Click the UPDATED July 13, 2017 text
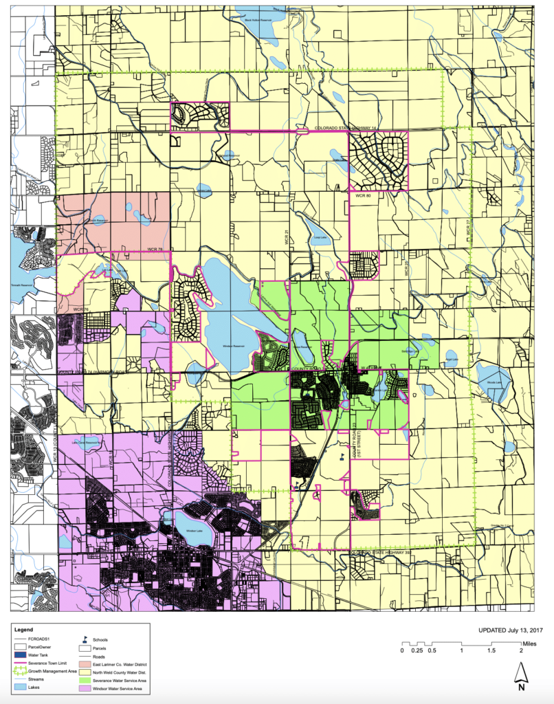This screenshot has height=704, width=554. coord(511,629)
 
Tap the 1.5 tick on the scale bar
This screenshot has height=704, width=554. coord(491,650)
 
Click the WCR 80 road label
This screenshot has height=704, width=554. coord(363,196)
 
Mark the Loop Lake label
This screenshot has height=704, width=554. coord(318,237)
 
